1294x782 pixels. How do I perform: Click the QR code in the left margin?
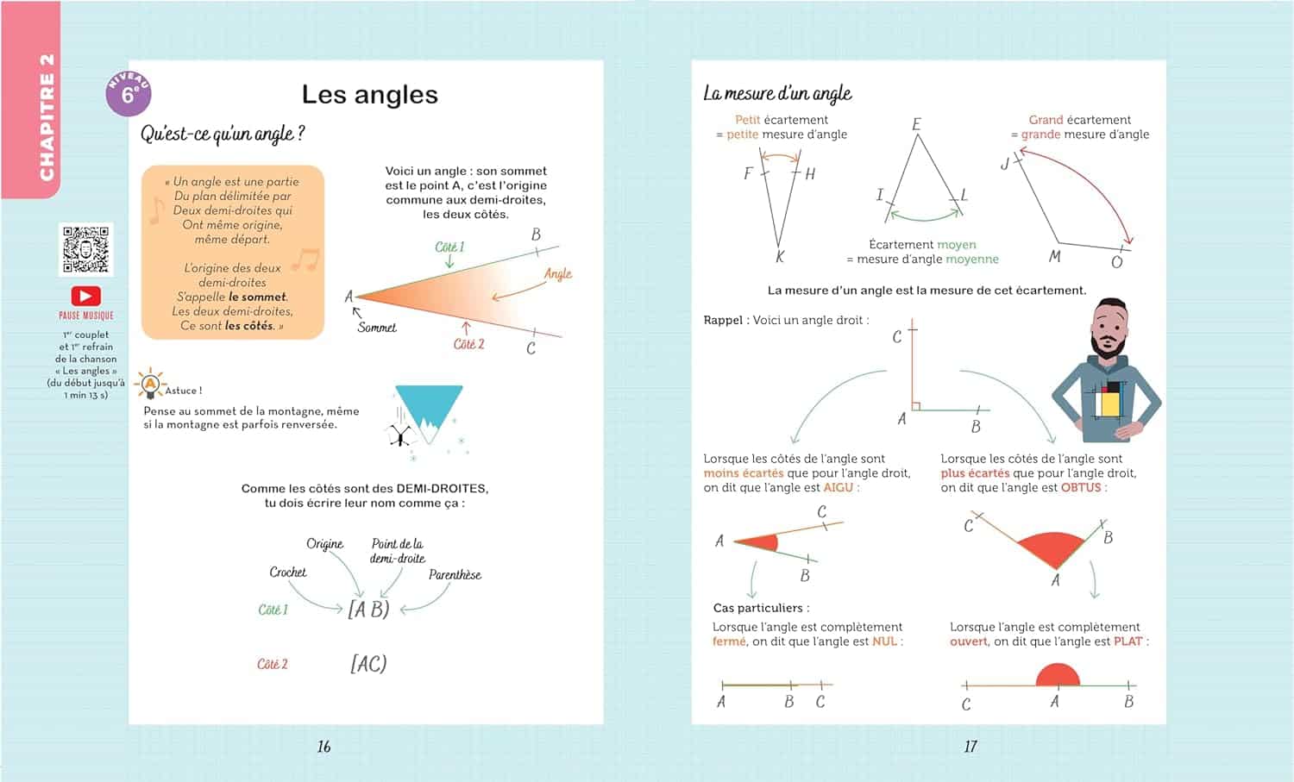pos(85,249)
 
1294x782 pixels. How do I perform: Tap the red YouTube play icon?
pos(85,296)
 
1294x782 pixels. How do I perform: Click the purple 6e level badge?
pos(129,94)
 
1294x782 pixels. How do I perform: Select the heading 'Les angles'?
pos(369,94)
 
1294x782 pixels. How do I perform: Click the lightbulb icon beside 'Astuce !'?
pos(150,384)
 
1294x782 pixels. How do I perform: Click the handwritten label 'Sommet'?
pos(377,328)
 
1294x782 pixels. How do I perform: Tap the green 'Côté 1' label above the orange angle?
pos(449,247)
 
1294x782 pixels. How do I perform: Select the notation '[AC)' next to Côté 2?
pos(368,664)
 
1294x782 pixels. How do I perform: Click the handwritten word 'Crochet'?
pos(288,572)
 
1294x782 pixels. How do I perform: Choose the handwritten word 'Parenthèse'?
pos(455,575)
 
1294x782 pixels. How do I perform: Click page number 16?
pos(323,747)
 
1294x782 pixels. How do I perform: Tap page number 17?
pos(970,747)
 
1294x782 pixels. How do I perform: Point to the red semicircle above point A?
pos(1058,675)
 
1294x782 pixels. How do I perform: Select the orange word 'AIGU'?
pos(838,488)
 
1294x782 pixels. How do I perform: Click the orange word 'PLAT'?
pos(1128,641)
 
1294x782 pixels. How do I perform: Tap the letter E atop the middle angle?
pos(916,124)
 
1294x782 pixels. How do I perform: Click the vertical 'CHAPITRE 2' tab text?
pos(47,116)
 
